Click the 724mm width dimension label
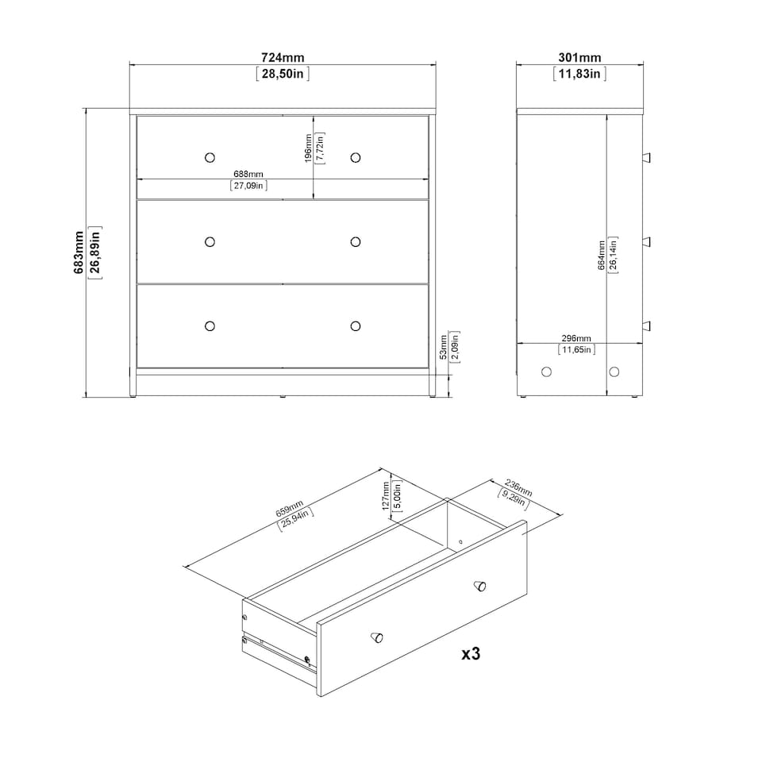click(x=283, y=58)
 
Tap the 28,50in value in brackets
click(x=283, y=74)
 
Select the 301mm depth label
click(x=579, y=58)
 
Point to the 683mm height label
click(x=79, y=252)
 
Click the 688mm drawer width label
click(x=248, y=173)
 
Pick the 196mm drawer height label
click(x=308, y=148)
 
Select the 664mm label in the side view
click(x=602, y=254)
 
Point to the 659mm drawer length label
click(x=289, y=509)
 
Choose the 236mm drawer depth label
click(x=518, y=486)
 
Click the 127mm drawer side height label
click(x=386, y=496)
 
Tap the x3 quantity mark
click(x=471, y=654)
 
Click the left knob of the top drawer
click(x=210, y=156)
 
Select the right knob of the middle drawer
click(x=355, y=241)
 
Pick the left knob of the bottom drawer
click(x=210, y=325)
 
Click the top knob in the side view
click(x=647, y=156)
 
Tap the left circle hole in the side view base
click(x=546, y=371)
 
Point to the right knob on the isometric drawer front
click(x=479, y=587)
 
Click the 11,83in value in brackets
click(x=579, y=74)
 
